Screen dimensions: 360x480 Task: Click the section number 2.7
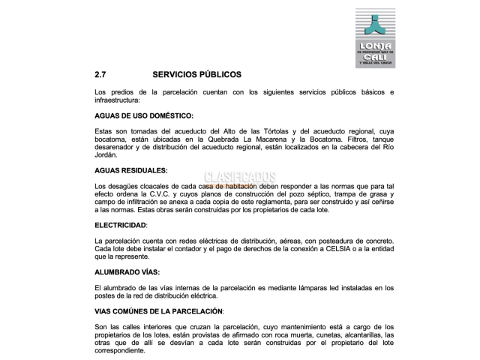coord(100,75)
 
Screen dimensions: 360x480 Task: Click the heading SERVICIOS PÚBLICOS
coord(196,75)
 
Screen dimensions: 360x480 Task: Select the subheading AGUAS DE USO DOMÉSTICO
coord(144,115)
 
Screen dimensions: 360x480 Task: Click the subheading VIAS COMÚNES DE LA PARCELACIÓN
coord(159,310)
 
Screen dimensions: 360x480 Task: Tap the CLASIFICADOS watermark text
coord(240,178)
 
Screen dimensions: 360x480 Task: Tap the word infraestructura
coord(118,100)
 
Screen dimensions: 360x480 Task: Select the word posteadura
coord(319,241)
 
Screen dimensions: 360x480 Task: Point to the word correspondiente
coord(120,350)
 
